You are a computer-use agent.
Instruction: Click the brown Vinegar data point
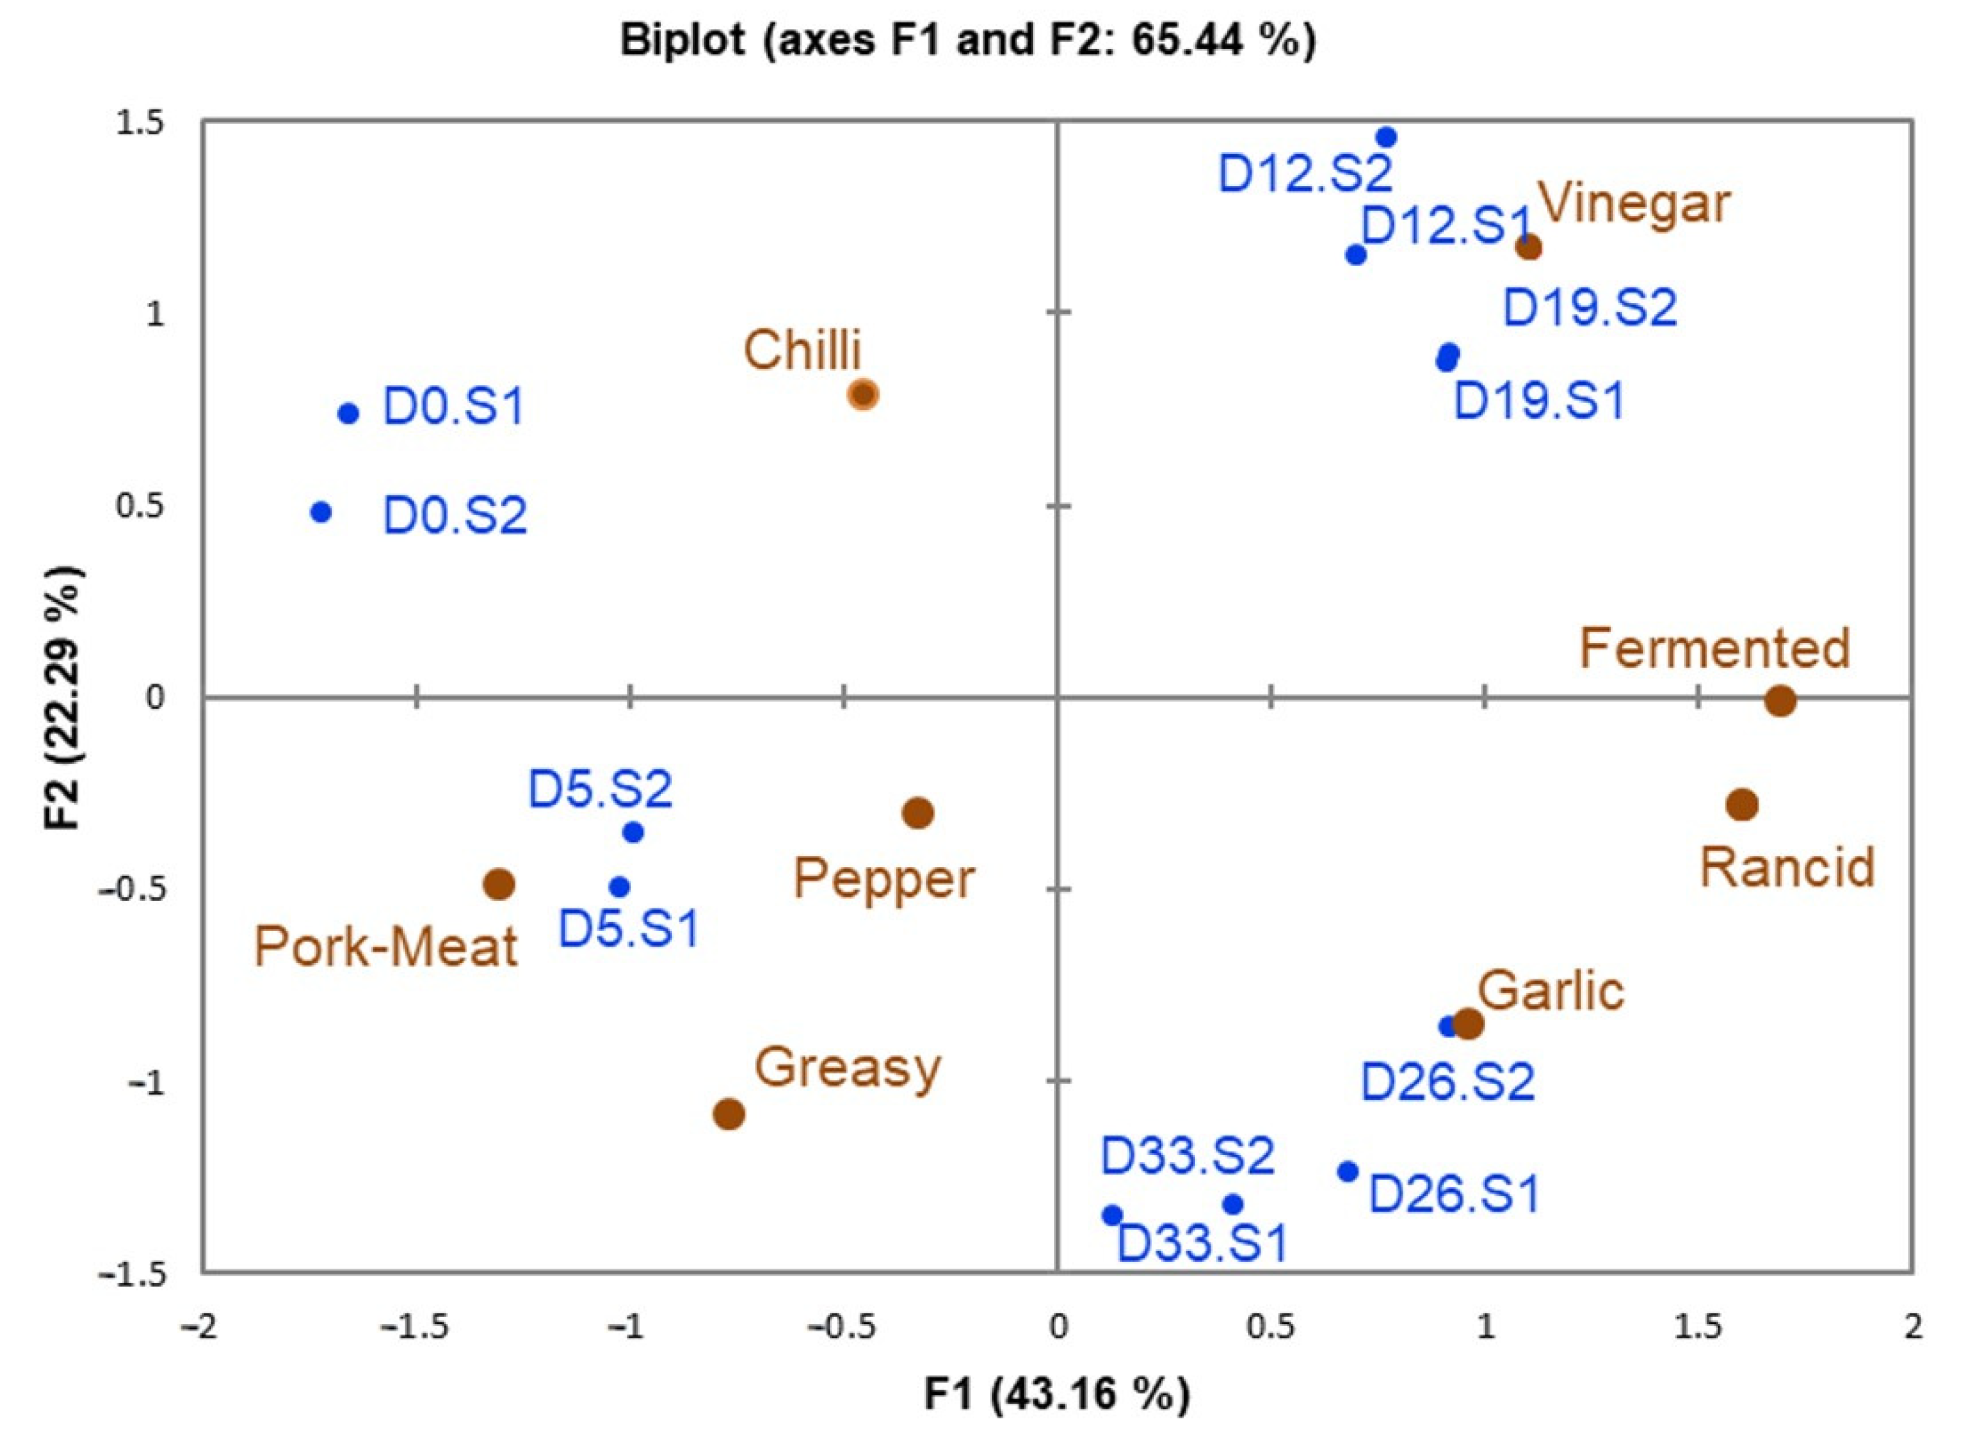click(x=1529, y=247)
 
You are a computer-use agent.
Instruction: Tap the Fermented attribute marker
click(x=1780, y=701)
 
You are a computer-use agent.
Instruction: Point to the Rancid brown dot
click(x=1742, y=804)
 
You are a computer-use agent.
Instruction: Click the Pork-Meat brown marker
click(x=499, y=885)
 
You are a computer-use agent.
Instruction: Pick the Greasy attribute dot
click(x=729, y=1114)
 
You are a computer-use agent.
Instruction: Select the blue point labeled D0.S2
click(x=321, y=512)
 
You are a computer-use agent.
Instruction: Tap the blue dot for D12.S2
click(x=1386, y=137)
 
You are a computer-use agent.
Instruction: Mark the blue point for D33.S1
click(x=1112, y=1215)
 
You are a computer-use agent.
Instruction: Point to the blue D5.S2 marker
click(x=633, y=832)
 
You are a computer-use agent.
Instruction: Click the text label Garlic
click(x=1551, y=991)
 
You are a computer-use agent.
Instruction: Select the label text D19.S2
click(x=1590, y=308)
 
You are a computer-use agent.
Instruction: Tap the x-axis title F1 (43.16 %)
click(x=1057, y=1394)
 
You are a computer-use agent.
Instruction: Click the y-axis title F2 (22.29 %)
click(x=65, y=698)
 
